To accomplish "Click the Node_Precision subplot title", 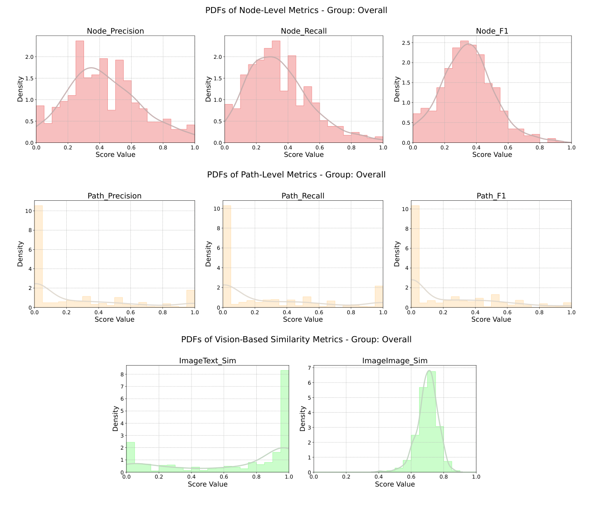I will [x=115, y=31].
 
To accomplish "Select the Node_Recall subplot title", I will [x=303, y=31].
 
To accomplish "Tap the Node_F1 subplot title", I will [x=492, y=31].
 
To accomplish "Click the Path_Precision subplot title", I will [x=114, y=196].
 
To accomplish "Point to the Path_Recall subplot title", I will [x=303, y=196].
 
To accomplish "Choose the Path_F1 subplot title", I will [x=491, y=196].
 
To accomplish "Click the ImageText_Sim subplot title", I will [x=208, y=361].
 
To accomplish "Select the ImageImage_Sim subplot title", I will [x=395, y=361].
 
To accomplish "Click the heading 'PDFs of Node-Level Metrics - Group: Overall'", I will [x=296, y=10].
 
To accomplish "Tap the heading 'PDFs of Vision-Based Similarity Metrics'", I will [x=296, y=339].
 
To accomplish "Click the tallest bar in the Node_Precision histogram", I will [x=80, y=93].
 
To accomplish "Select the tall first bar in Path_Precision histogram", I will [x=38, y=257].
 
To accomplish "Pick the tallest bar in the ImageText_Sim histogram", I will [x=285, y=420].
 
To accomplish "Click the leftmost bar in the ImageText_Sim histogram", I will [x=130, y=458].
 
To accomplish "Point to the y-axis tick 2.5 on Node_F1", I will [x=406, y=43].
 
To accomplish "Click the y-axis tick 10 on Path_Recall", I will [x=217, y=209].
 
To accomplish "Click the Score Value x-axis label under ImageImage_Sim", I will [x=395, y=484].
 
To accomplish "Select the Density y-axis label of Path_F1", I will [x=397, y=254].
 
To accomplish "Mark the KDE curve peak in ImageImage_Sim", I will [x=429, y=371].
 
